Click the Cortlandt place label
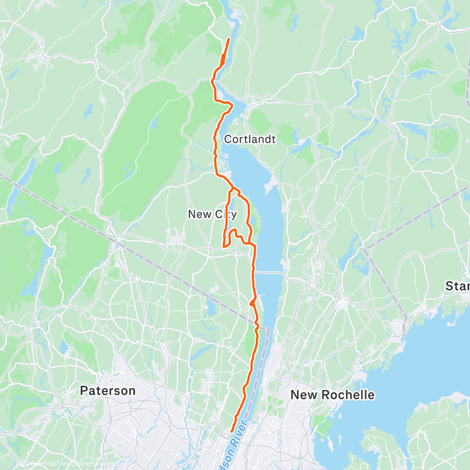click(250, 140)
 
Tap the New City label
click(212, 214)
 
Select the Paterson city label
click(108, 391)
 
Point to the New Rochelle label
click(332, 395)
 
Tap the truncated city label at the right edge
click(458, 286)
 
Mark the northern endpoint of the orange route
click(228, 39)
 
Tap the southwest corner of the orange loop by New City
click(223, 245)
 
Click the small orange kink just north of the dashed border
click(253, 301)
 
